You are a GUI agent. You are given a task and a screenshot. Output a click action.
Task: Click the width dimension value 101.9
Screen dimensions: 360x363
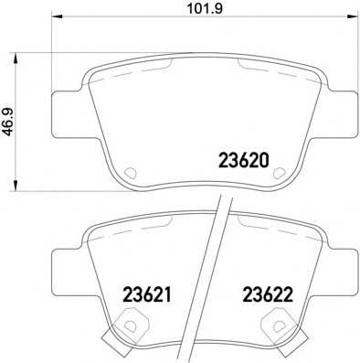click(x=205, y=8)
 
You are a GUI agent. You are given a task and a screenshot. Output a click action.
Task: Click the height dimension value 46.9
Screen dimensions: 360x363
click(x=9, y=123)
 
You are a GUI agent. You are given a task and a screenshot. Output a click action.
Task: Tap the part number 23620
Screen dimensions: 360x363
click(x=244, y=160)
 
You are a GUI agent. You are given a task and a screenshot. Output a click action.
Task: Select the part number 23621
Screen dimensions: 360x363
click(x=146, y=294)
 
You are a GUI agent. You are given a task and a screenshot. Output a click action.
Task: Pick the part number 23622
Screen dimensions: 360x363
click(x=268, y=294)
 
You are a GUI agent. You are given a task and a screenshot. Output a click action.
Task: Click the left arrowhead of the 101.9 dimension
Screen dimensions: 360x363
click(x=58, y=16)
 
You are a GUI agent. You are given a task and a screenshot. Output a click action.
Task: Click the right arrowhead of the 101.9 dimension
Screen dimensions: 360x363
click(x=353, y=16)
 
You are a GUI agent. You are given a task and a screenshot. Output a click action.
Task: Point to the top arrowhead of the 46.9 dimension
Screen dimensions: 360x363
click(x=16, y=59)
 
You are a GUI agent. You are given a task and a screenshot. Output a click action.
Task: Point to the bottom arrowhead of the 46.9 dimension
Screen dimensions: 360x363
click(x=16, y=186)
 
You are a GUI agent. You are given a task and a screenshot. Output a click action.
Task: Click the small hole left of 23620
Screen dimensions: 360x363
click(x=131, y=173)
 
